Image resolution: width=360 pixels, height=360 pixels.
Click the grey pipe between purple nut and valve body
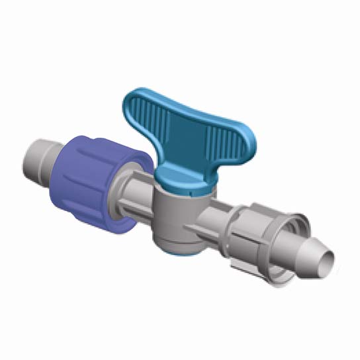(139, 199)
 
